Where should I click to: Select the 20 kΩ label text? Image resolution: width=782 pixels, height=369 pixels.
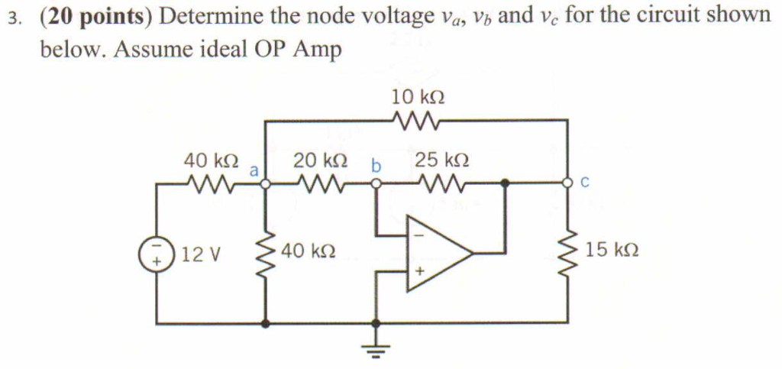tap(321, 161)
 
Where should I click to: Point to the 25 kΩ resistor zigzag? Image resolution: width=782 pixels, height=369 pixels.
tap(441, 183)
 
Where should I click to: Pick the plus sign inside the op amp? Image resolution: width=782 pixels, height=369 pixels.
tap(418, 271)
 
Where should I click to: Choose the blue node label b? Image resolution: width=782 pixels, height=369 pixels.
tap(375, 164)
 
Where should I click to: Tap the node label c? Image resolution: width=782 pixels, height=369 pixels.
tap(584, 183)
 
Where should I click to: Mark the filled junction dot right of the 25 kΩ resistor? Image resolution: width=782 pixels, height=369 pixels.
tap(504, 183)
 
